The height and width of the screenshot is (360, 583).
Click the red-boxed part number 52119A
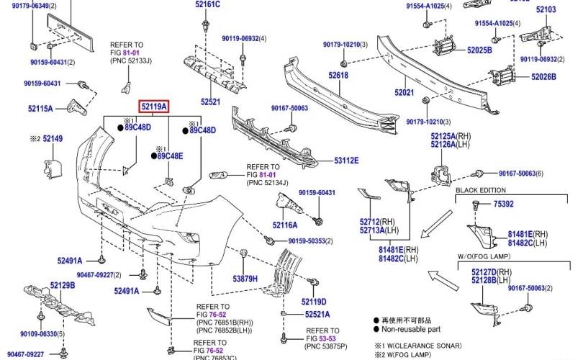[154, 107]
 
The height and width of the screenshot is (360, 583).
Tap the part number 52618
[339, 76]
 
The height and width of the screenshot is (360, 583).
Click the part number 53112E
[345, 160]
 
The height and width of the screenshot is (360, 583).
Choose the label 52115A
[40, 109]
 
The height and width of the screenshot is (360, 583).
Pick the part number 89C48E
[170, 156]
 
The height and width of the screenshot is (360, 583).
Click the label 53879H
[245, 278]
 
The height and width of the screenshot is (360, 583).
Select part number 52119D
[314, 302]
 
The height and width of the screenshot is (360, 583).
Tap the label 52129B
[62, 286]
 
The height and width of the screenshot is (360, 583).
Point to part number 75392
[503, 204]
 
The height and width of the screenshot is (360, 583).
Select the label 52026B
[543, 76]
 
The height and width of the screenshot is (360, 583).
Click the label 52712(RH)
[378, 222]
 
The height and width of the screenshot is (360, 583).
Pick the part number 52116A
[285, 225]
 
